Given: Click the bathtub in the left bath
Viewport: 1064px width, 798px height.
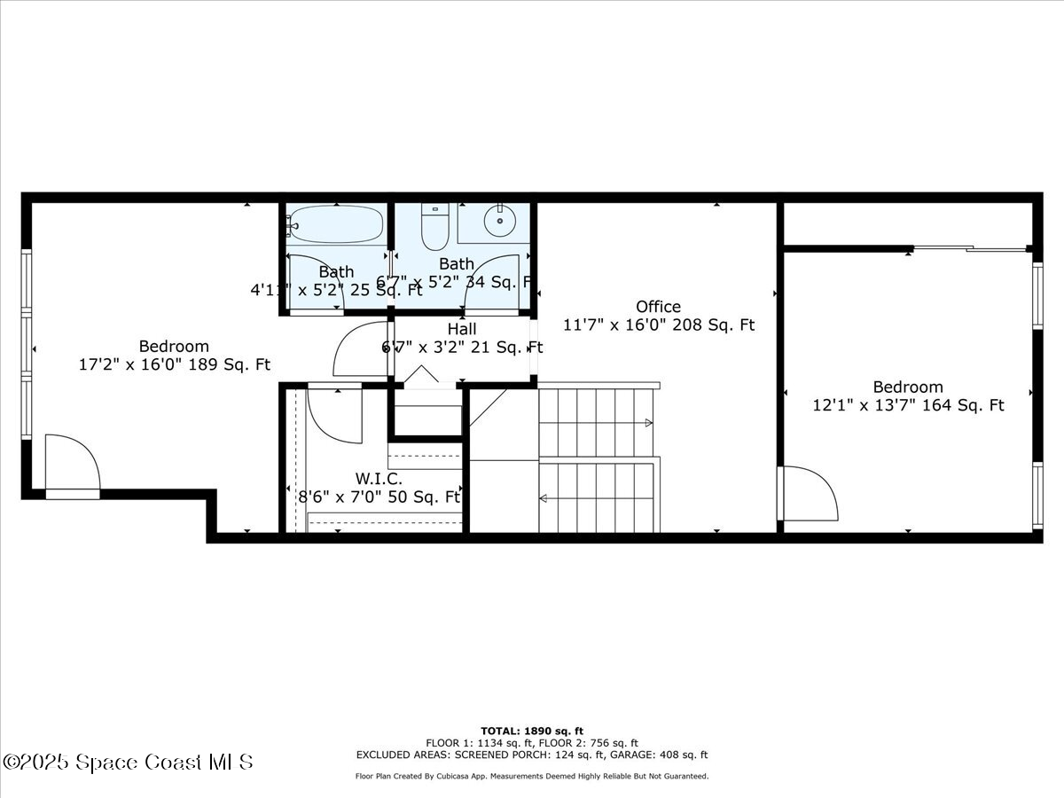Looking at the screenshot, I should tap(336, 224).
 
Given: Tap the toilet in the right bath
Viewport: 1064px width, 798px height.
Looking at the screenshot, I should tap(434, 229).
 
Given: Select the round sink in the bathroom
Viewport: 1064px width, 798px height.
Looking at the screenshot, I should tap(500, 220).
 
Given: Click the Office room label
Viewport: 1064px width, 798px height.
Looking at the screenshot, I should tap(658, 307).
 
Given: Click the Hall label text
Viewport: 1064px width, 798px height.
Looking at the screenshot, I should tap(461, 329).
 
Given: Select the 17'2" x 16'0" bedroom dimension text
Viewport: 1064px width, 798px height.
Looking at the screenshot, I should tap(175, 364).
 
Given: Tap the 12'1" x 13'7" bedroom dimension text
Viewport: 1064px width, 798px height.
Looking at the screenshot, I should tap(908, 405).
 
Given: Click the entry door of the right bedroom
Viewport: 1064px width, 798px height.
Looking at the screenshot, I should tap(808, 493).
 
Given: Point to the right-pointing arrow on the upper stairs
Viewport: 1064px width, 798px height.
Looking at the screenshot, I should tap(648, 423).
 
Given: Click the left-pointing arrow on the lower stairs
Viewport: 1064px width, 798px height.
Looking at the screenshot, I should tap(543, 497).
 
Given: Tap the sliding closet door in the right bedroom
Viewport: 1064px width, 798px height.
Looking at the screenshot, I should tap(971, 249).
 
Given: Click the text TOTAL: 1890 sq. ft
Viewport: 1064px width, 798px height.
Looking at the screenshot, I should tap(532, 731).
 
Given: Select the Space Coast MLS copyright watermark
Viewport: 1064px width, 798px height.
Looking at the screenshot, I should tap(128, 762).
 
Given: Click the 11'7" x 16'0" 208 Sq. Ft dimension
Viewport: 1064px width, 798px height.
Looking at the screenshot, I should tap(659, 325).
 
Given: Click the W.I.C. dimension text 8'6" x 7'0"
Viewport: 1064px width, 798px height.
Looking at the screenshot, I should tap(379, 497).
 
